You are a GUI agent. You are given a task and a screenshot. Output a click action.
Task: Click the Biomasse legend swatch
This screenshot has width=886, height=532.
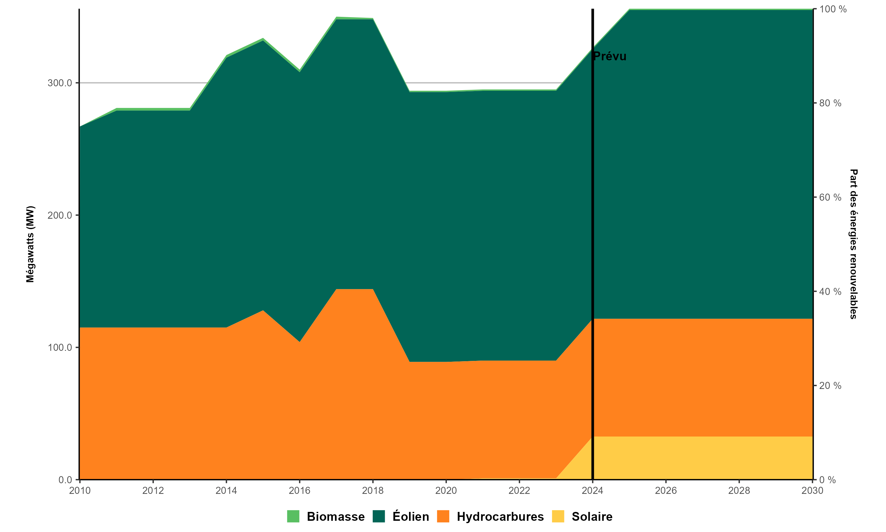click(293, 516)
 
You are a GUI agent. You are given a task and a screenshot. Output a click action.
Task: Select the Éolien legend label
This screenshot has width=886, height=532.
click(411, 517)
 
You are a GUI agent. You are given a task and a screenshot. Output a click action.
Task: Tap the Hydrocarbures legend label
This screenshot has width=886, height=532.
click(500, 517)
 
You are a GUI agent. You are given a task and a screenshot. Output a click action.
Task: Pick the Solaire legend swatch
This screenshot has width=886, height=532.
click(558, 516)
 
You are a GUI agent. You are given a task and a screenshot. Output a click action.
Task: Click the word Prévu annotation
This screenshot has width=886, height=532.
click(610, 56)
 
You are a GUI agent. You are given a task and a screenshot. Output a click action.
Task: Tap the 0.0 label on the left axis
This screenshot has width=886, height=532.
click(65, 480)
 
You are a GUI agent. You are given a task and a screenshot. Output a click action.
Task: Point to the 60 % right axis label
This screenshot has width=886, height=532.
click(830, 197)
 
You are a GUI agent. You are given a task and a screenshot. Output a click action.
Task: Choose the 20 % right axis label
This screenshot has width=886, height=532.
click(830, 385)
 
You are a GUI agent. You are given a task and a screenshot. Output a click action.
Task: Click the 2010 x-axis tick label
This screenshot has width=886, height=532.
click(79, 490)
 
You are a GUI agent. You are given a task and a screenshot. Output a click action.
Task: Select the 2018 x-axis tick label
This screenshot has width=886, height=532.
click(372, 490)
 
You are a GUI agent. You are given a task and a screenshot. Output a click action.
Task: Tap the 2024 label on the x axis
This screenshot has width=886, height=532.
click(592, 490)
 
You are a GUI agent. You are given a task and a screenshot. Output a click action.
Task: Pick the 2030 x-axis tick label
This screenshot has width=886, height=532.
click(812, 490)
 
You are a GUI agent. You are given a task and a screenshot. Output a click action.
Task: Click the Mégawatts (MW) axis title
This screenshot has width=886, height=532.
click(30, 244)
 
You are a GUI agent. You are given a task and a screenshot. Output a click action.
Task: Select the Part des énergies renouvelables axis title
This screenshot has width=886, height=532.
click(854, 244)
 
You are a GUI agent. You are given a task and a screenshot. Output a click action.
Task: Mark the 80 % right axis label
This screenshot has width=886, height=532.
click(830, 103)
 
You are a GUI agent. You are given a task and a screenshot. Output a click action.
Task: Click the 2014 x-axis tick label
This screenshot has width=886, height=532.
click(226, 490)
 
